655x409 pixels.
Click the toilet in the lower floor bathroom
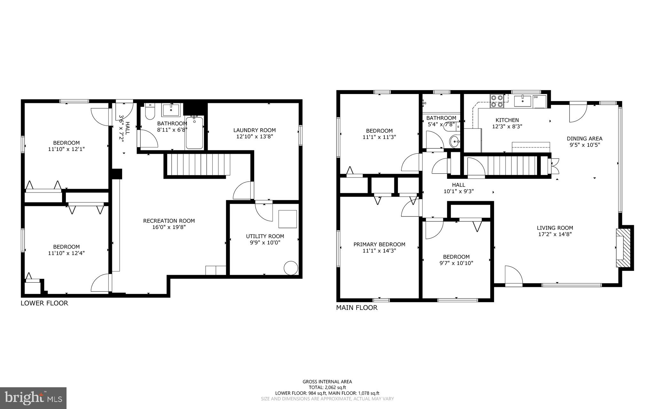149,112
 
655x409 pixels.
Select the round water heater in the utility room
291,268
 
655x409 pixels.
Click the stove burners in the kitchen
497,101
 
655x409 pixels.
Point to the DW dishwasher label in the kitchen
536,97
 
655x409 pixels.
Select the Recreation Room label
169,221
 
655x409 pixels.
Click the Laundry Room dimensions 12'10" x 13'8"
255,137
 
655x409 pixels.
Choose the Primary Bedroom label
379,244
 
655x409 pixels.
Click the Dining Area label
584,138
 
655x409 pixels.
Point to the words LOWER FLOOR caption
44,303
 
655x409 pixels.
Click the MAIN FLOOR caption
357,308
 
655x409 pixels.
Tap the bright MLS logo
33,398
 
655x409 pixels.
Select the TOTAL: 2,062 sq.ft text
327,387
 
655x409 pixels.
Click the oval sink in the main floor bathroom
454,141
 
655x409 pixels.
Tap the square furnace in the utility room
288,219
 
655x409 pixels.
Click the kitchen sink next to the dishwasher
522,100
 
